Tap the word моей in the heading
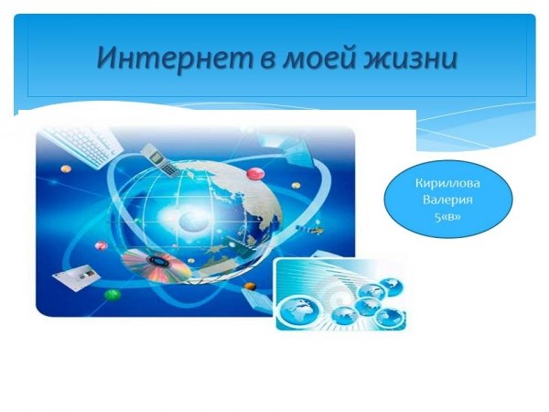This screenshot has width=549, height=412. (x=318, y=59)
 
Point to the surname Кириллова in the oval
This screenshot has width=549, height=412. (x=447, y=183)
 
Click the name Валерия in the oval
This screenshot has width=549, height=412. (x=447, y=200)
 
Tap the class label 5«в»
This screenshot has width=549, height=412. (x=447, y=217)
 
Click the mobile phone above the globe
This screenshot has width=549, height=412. (x=160, y=158)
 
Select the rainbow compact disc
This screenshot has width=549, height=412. (x=156, y=266)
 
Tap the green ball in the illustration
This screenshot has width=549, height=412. (x=113, y=295)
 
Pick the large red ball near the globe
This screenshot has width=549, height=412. (x=256, y=173)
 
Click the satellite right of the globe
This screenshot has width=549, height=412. (x=310, y=229)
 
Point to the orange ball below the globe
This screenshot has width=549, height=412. (x=249, y=287)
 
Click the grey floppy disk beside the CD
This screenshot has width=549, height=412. (x=76, y=276)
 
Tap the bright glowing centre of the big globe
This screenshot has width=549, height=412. (x=189, y=220)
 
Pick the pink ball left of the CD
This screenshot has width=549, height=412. (x=101, y=244)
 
